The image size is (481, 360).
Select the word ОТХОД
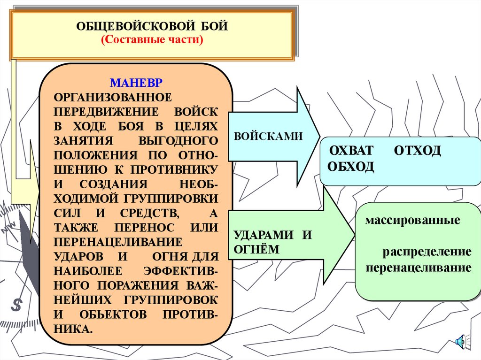click(418, 151)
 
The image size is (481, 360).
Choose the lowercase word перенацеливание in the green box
click(419, 268)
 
